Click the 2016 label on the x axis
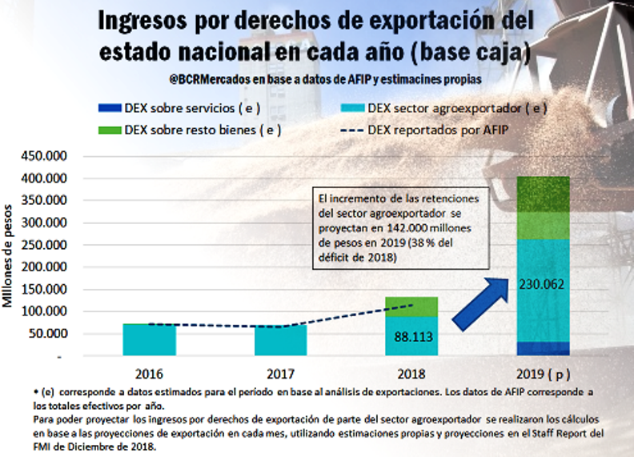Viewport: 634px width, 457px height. point(149,374)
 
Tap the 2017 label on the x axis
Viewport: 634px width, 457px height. point(281,374)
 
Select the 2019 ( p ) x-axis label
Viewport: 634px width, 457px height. point(544,374)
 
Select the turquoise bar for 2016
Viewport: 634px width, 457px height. point(149,339)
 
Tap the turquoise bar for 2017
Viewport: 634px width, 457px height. point(281,340)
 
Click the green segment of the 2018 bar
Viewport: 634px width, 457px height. point(412,306)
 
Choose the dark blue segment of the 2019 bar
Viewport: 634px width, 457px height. point(544,349)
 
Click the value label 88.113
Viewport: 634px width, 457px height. point(413,337)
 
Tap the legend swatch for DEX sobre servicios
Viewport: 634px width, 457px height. point(107,108)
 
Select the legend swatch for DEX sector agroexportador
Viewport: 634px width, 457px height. point(349,108)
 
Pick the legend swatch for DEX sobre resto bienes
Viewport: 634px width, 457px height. point(107,129)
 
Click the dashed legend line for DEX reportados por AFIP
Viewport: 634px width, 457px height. point(349,129)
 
